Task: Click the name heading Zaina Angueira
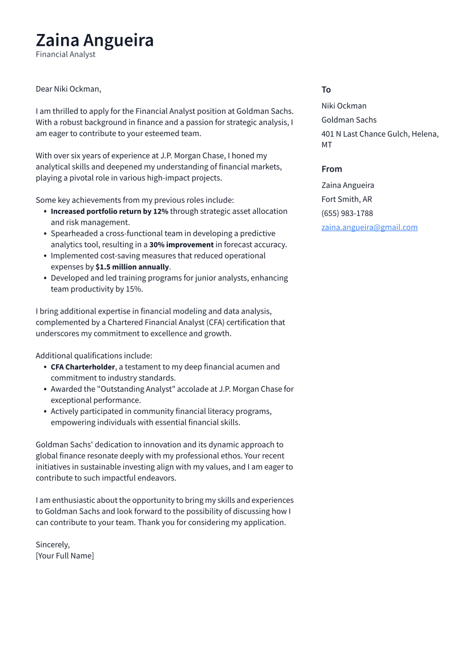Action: [95, 40]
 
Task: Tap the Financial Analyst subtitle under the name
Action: [65, 54]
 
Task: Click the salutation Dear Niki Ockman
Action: [68, 89]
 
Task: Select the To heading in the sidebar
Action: [326, 90]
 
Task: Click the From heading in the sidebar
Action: [331, 169]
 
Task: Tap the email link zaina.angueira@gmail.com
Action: [369, 227]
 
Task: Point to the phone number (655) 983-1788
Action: [347, 213]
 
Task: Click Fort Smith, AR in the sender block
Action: [346, 199]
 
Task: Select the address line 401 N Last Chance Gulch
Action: [380, 134]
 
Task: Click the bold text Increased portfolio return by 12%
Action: [109, 211]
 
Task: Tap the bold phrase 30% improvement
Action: [181, 244]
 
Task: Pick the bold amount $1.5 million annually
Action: [132, 267]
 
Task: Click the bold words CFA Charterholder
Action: [83, 367]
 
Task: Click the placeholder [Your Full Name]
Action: [65, 556]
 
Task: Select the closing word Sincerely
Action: [53, 544]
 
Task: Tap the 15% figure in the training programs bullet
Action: [134, 289]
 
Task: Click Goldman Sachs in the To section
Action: [348, 120]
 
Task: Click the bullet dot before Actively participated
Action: [45, 411]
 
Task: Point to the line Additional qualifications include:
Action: [93, 356]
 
